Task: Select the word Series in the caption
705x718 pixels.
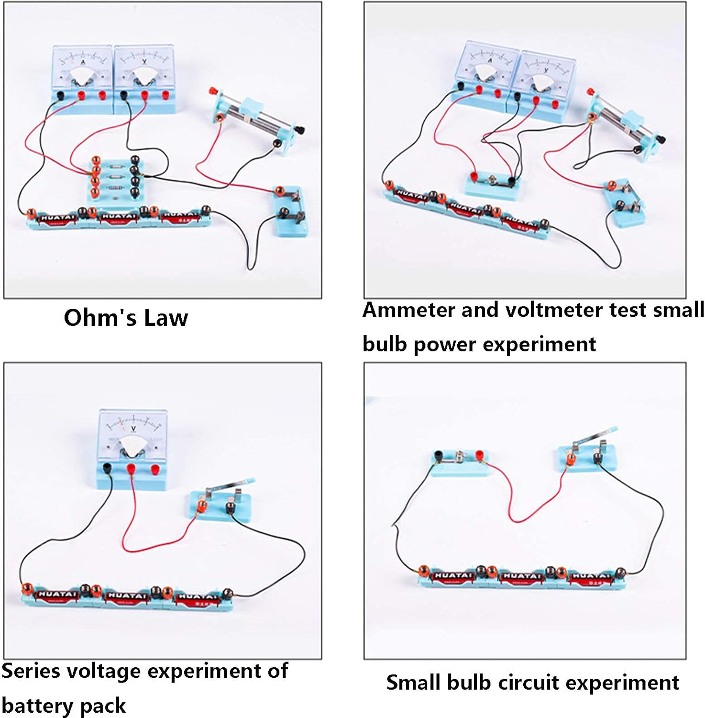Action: [31, 671]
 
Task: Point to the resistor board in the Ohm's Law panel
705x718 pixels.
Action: [115, 180]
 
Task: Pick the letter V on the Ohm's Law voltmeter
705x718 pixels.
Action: [144, 63]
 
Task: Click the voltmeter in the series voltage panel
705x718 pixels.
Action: [132, 448]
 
